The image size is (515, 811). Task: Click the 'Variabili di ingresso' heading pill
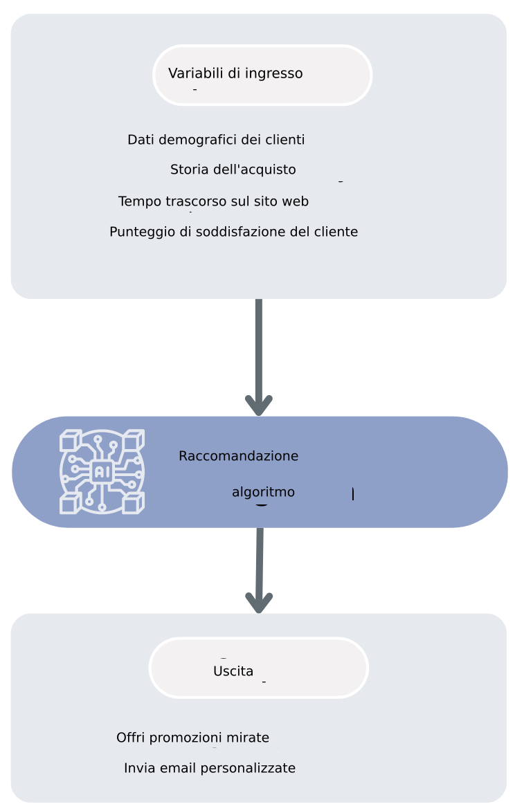pyautogui.click(x=262, y=75)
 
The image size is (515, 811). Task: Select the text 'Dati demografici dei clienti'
pyautogui.click(x=216, y=140)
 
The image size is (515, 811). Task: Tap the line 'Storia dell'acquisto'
pyautogui.click(x=233, y=170)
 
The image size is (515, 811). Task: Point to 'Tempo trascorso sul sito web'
pyautogui.click(x=213, y=201)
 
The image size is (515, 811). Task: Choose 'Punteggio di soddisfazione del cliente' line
pyautogui.click(x=233, y=232)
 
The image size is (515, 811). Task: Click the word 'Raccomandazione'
pyautogui.click(x=238, y=456)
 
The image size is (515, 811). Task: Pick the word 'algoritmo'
pyautogui.click(x=263, y=492)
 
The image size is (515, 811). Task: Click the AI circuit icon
pyautogui.click(x=102, y=472)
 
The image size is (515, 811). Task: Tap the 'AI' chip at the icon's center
pyautogui.click(x=102, y=472)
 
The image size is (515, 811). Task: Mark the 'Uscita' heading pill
pyautogui.click(x=258, y=668)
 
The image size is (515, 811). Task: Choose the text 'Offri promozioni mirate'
pyautogui.click(x=192, y=738)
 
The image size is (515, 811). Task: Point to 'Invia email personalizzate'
pyautogui.click(x=210, y=768)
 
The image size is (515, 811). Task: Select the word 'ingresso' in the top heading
pyautogui.click(x=274, y=73)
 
